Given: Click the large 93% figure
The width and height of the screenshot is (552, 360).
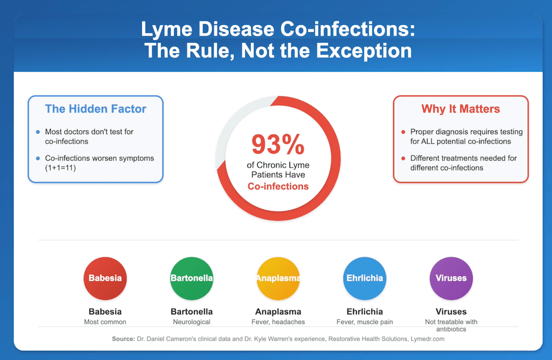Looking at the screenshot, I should pyautogui.click(x=278, y=144).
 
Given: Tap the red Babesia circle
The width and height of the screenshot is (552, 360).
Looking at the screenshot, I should pyautogui.click(x=105, y=278).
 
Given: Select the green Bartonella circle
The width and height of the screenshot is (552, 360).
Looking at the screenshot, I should pyautogui.click(x=191, y=278).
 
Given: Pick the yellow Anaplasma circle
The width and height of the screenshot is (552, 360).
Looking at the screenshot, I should pyautogui.click(x=278, y=278).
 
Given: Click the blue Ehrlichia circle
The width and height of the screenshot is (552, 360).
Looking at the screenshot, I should pyautogui.click(x=364, y=278).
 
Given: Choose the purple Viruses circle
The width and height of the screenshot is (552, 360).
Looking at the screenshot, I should pyautogui.click(x=451, y=278).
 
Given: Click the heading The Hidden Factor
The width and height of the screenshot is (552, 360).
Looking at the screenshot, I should pyautogui.click(x=95, y=109).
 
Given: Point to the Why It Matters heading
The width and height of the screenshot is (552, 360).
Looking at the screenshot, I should pyautogui.click(x=460, y=109).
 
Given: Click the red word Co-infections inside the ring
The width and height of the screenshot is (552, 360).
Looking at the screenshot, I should pyautogui.click(x=278, y=186).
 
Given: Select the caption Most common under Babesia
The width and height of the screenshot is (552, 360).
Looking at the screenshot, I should pyautogui.click(x=105, y=322).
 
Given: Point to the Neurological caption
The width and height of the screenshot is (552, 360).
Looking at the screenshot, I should pyautogui.click(x=191, y=322).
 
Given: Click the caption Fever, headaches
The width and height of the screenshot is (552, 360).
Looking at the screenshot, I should pyautogui.click(x=278, y=322).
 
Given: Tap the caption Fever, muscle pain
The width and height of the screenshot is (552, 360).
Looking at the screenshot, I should pyautogui.click(x=364, y=322).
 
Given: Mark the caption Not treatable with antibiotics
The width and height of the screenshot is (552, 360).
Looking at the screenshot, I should pyautogui.click(x=451, y=326).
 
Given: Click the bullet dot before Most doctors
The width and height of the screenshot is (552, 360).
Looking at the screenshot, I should pyautogui.click(x=37, y=132).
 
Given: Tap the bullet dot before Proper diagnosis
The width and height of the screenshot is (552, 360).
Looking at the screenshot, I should pyautogui.click(x=403, y=132).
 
